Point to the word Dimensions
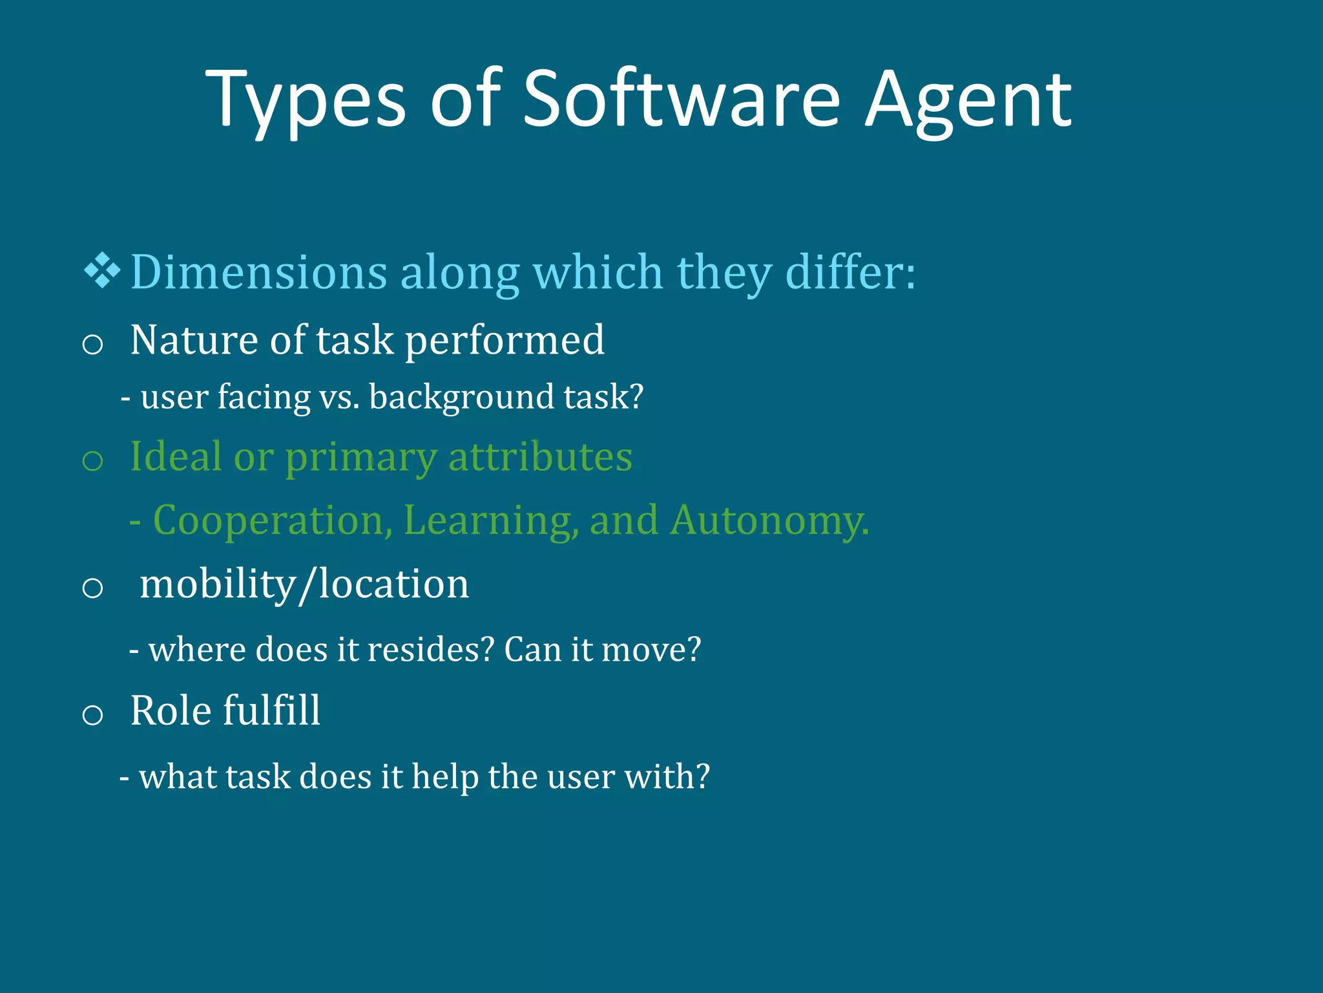[x=258, y=272]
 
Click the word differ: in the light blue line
[x=850, y=272]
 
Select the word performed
[x=505, y=341]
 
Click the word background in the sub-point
[x=461, y=397]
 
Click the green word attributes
[x=540, y=456]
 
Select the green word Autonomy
[x=769, y=520]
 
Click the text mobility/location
[x=304, y=584]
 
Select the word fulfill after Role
[x=271, y=710]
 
